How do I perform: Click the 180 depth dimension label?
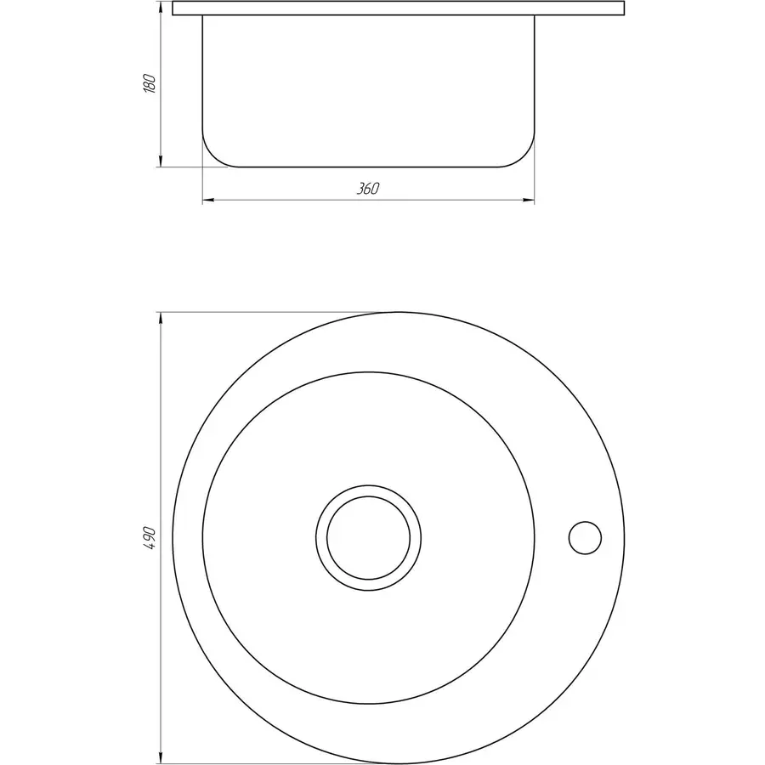(x=150, y=84)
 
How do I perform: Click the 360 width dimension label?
(x=367, y=189)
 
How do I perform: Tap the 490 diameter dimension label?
(x=150, y=538)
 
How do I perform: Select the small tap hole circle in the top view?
(x=585, y=537)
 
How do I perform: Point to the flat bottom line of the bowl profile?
(x=368, y=167)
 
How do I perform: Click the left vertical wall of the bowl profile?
(x=202, y=76)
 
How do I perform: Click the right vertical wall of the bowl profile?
(x=535, y=76)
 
